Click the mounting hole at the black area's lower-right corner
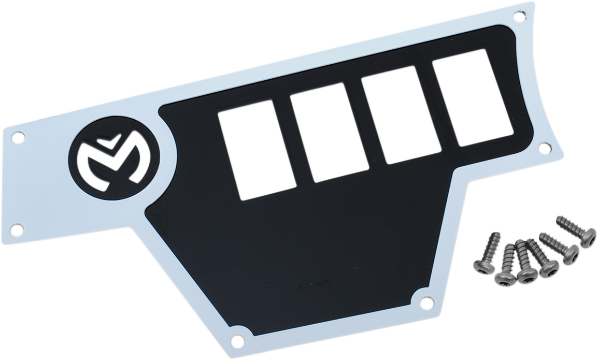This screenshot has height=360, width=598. (x=426, y=301)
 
